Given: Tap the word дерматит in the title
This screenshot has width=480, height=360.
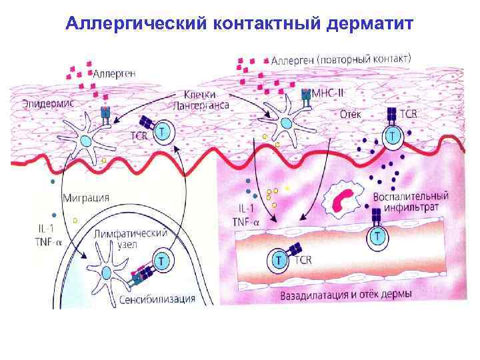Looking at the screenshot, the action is [371, 25].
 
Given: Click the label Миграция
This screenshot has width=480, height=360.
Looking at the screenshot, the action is [86, 198].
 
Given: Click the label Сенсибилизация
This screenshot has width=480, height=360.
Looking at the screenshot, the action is [158, 299].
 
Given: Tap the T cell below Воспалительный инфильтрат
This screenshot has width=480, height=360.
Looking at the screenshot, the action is [377, 236].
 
